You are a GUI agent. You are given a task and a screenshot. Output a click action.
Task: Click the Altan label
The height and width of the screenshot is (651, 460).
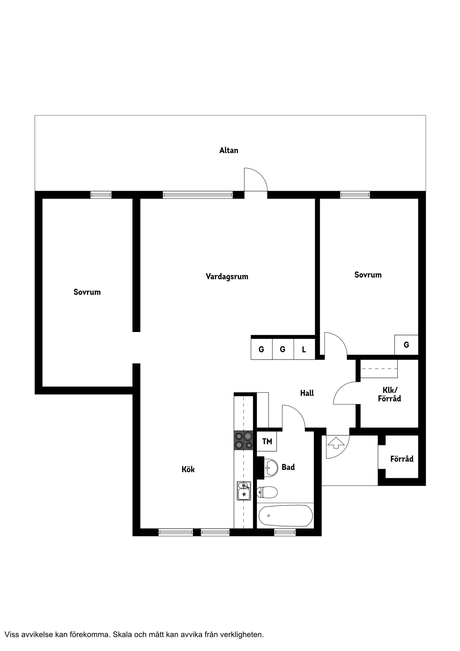pos(229,150)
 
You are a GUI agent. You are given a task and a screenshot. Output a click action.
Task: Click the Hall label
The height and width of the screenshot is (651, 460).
pos(307,393)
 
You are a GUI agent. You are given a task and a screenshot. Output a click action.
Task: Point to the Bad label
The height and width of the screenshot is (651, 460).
pos(288,467)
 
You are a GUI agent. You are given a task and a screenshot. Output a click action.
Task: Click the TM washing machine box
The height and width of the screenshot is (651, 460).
pos(267,442)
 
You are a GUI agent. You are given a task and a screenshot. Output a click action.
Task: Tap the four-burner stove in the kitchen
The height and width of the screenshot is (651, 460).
pos(243,440)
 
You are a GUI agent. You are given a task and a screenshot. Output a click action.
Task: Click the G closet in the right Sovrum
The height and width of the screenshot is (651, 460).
pos(406,345)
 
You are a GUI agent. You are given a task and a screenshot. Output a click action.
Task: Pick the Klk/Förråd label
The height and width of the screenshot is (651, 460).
pos(389,394)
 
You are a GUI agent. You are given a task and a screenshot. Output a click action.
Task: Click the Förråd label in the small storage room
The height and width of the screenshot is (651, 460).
pos(402,459)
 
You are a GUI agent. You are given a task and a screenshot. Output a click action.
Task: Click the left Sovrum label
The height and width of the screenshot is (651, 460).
pos(87,292)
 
